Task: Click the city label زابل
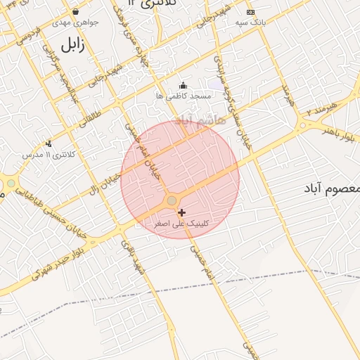71,46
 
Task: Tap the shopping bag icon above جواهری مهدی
75,12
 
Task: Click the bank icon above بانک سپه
250,13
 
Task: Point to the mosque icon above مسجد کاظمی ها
183,85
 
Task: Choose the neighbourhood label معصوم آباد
331,188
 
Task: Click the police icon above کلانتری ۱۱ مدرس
49,143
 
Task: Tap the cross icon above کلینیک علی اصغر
182,212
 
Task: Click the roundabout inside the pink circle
172,201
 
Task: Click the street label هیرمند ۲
322,109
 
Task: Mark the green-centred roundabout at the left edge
11,184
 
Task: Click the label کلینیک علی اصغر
181,224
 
